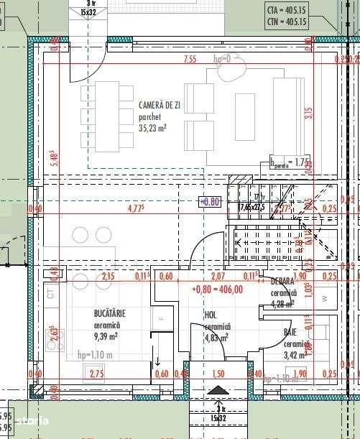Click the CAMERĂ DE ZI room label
(x=164, y=105)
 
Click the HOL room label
(x=211, y=315)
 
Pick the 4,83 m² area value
(x=216, y=337)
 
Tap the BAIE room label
(x=290, y=332)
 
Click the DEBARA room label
(x=282, y=282)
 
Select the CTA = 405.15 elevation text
(x=286, y=11)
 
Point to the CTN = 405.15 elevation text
(x=286, y=22)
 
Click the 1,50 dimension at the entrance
(x=218, y=373)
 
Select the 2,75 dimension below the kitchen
(x=96, y=373)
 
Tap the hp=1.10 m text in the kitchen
(x=93, y=354)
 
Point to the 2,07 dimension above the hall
(x=217, y=276)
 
